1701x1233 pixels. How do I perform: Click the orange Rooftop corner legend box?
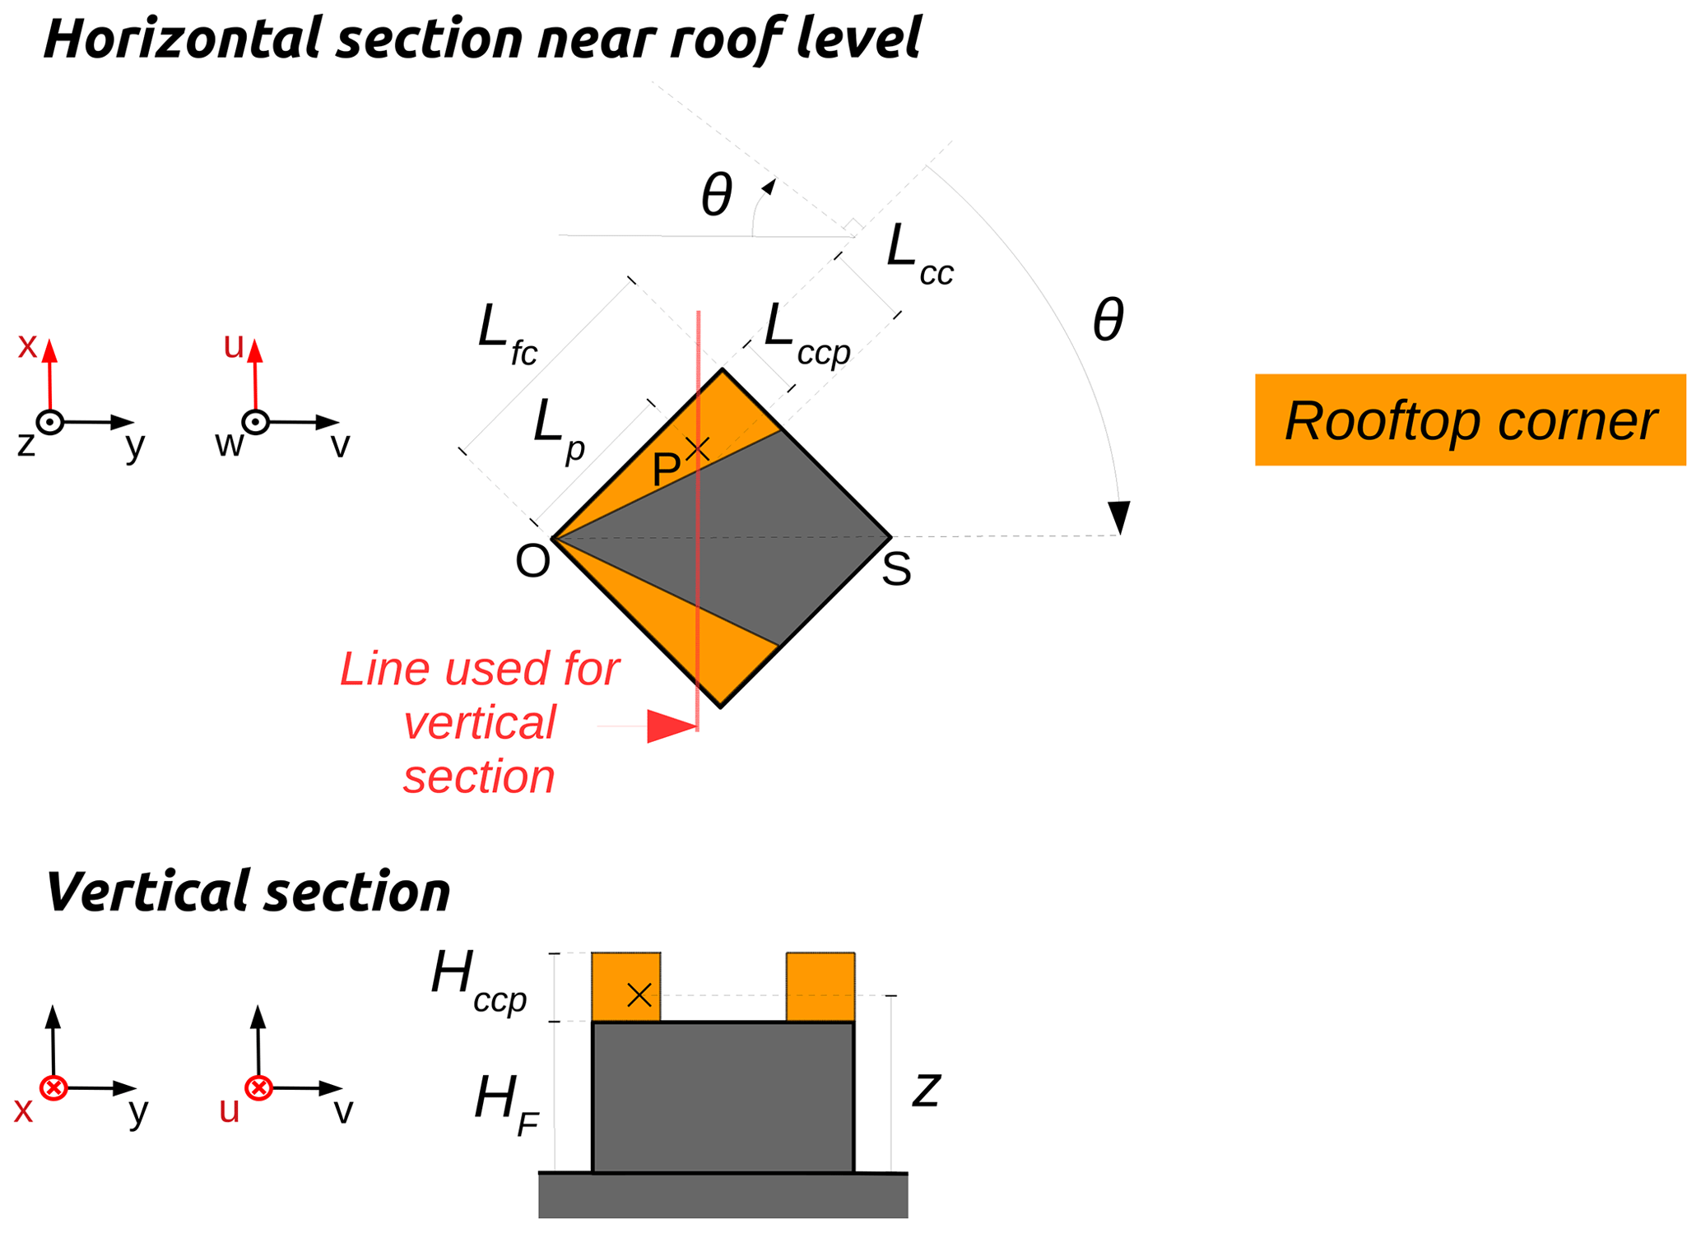(1469, 420)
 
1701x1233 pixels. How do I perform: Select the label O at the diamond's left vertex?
(532, 562)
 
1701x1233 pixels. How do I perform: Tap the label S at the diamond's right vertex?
(896, 569)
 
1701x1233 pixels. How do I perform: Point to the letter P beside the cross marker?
(665, 470)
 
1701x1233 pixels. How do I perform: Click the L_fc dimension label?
(507, 334)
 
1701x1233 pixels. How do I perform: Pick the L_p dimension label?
(559, 429)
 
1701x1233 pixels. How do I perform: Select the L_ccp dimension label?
(806, 334)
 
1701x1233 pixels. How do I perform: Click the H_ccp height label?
(478, 980)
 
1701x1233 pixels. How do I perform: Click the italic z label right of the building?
(927, 1090)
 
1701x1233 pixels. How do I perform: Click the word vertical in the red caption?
(480, 723)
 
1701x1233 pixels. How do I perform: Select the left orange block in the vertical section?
(625, 987)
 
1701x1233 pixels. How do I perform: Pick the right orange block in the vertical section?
(820, 987)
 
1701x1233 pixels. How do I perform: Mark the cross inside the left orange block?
(639, 996)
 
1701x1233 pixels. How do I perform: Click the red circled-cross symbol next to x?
(54, 1088)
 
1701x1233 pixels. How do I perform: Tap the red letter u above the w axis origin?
(234, 347)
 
